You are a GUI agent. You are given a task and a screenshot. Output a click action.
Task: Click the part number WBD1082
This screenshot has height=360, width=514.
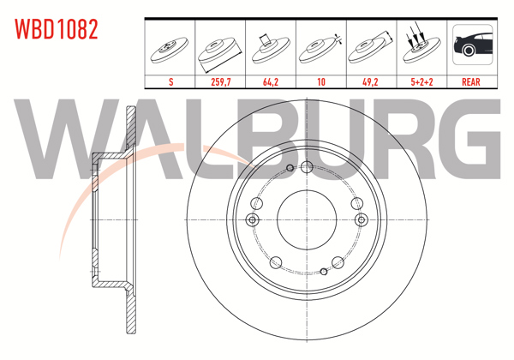coord(56,29)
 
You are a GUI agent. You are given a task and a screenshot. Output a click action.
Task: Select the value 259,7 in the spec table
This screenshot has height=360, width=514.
coord(220,82)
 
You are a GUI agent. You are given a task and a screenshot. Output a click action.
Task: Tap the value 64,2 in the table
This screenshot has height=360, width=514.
coord(271,82)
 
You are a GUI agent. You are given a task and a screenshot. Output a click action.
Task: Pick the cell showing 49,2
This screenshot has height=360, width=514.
coord(372,82)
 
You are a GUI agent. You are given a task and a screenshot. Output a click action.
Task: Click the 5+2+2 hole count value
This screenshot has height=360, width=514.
coord(422,82)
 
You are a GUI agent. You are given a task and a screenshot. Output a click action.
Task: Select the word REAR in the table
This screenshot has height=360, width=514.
coord(471,82)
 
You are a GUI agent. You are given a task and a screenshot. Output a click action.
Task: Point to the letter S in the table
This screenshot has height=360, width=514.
coord(170,82)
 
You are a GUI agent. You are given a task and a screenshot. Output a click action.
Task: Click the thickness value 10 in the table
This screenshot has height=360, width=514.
coord(321,82)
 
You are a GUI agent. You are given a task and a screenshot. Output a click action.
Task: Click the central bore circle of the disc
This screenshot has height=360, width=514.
coord(305,219)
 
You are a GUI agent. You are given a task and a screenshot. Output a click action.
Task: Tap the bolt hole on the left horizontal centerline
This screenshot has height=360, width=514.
coord(252,220)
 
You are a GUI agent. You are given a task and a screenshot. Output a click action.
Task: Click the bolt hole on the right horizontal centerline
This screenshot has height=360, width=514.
coord(359,220)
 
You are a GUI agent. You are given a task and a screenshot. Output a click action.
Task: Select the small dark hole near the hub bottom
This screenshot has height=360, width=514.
coord(324,272)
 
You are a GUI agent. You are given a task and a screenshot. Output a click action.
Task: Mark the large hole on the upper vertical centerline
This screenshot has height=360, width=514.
coord(306,167)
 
